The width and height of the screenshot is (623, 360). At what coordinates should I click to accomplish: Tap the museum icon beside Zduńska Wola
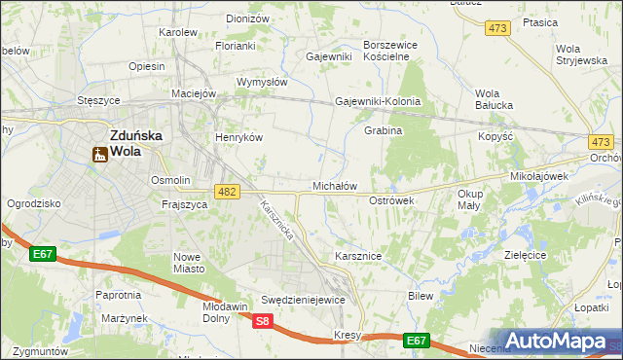point(98,154)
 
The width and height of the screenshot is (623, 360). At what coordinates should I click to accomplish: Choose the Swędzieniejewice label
point(303,300)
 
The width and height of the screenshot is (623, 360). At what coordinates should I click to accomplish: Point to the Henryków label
point(239,137)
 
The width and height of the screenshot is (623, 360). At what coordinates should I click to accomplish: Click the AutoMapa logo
point(556,342)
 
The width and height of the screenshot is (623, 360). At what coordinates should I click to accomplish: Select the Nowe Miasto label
point(187,262)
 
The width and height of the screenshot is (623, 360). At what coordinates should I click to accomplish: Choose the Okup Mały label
point(469,199)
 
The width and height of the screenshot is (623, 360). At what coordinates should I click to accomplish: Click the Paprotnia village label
point(118,294)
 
